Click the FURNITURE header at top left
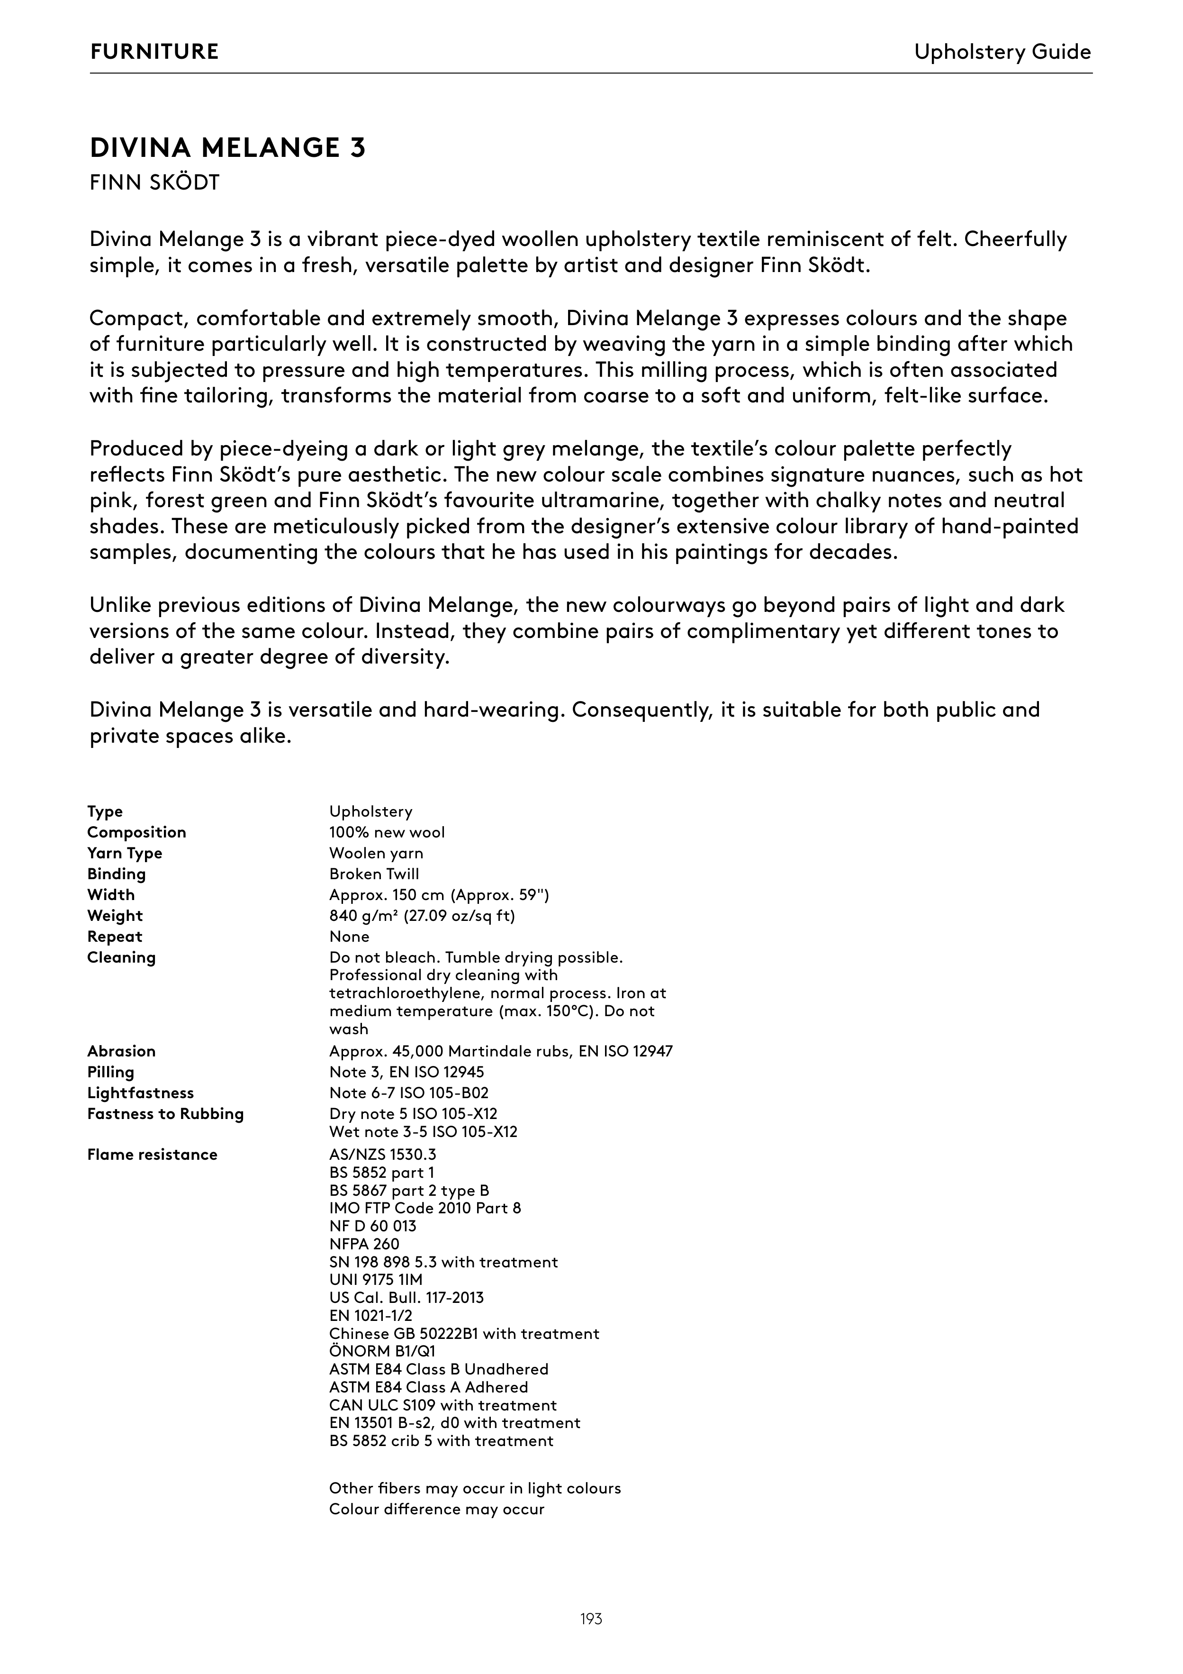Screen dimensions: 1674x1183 coord(154,52)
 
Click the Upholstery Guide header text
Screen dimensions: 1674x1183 coord(1002,52)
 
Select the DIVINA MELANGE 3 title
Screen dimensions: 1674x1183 coord(227,148)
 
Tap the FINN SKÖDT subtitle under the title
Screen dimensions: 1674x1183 coord(154,182)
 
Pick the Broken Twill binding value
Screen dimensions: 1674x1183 coord(374,873)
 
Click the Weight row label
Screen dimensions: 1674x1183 coord(115,915)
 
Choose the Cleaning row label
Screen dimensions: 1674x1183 coord(121,957)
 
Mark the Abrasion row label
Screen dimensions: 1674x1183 coord(121,1051)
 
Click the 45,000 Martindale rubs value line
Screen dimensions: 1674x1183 coord(501,1051)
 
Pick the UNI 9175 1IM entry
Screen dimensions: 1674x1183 coord(375,1280)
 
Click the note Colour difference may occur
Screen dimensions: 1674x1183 coord(437,1509)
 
